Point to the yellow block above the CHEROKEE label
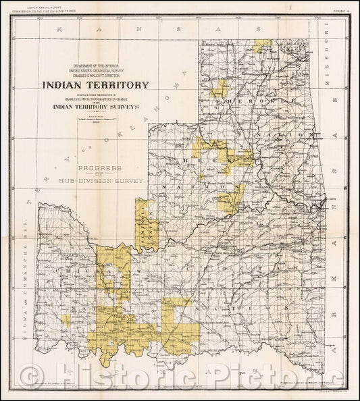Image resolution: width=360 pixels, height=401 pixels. pyautogui.click(x=220, y=88)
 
